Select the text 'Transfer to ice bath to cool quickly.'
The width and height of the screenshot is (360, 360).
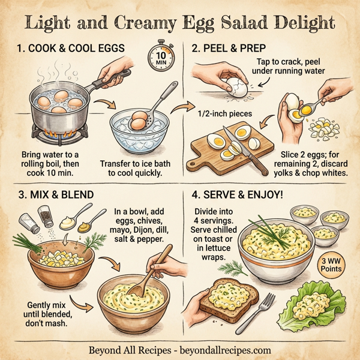[x=131, y=167]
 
